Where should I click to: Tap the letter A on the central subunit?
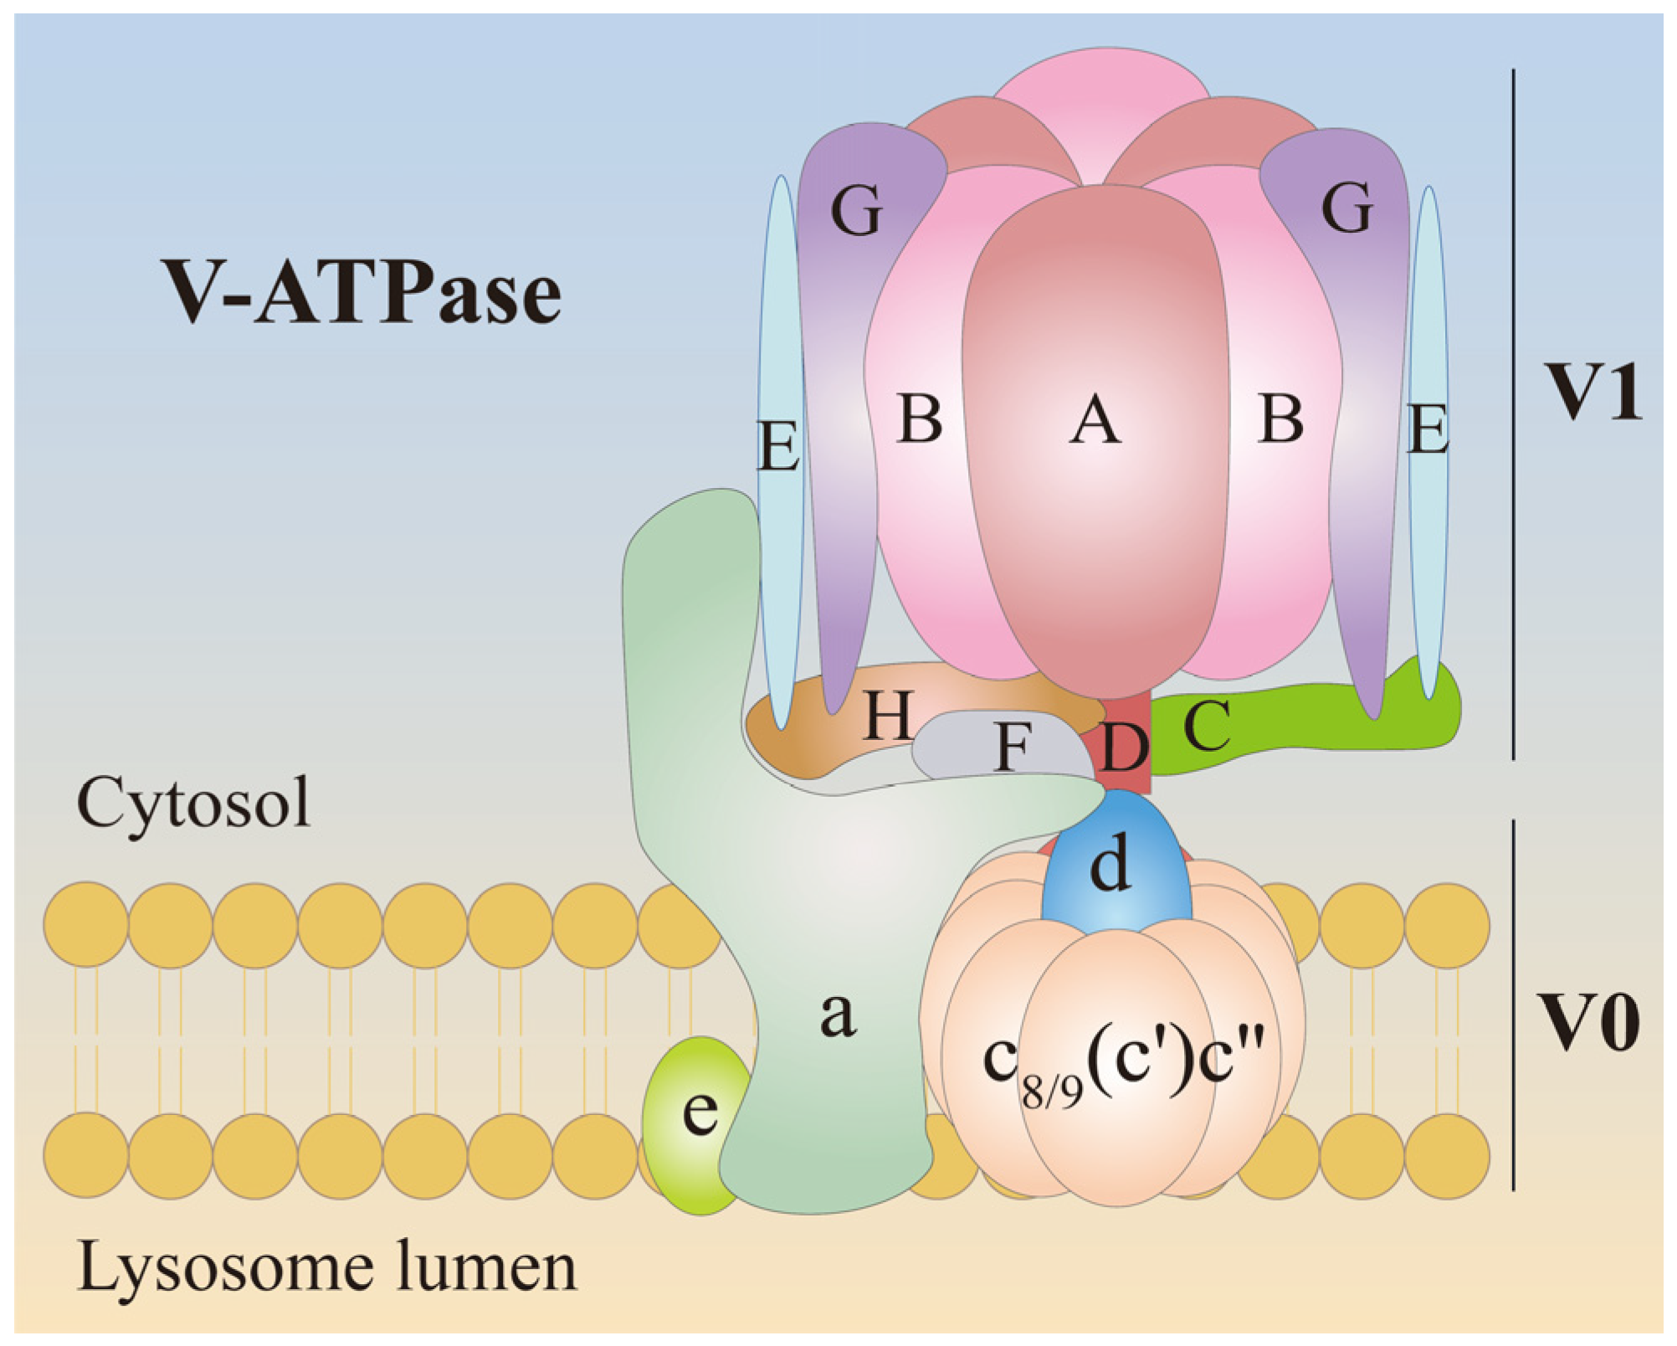click(1095, 420)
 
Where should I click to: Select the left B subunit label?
click(920, 418)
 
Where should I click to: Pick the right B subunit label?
click(1280, 418)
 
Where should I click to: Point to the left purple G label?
click(856, 209)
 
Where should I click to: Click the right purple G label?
click(1346, 207)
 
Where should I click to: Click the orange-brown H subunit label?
click(888, 716)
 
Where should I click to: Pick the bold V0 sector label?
click(1589, 1022)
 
